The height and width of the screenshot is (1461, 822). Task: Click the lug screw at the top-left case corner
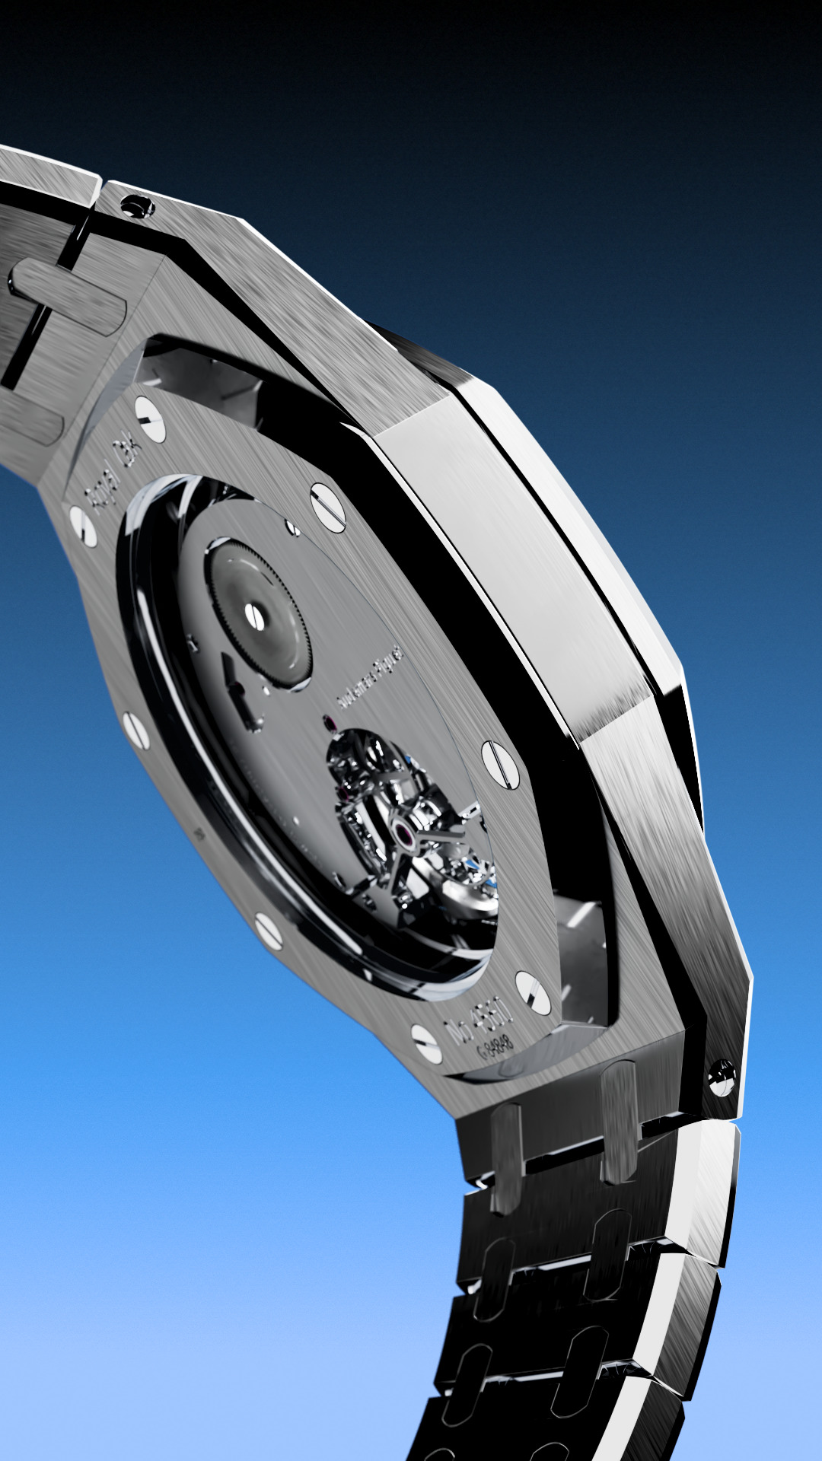[139, 205]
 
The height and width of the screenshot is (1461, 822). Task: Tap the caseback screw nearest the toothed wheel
[328, 508]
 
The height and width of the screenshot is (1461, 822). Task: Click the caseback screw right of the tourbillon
[500, 763]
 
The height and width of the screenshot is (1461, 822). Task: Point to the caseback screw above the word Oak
[150, 420]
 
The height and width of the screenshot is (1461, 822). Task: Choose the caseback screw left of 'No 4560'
[426, 1043]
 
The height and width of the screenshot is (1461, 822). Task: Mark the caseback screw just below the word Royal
[83, 527]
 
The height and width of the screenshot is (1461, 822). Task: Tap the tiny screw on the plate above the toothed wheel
[292, 527]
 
